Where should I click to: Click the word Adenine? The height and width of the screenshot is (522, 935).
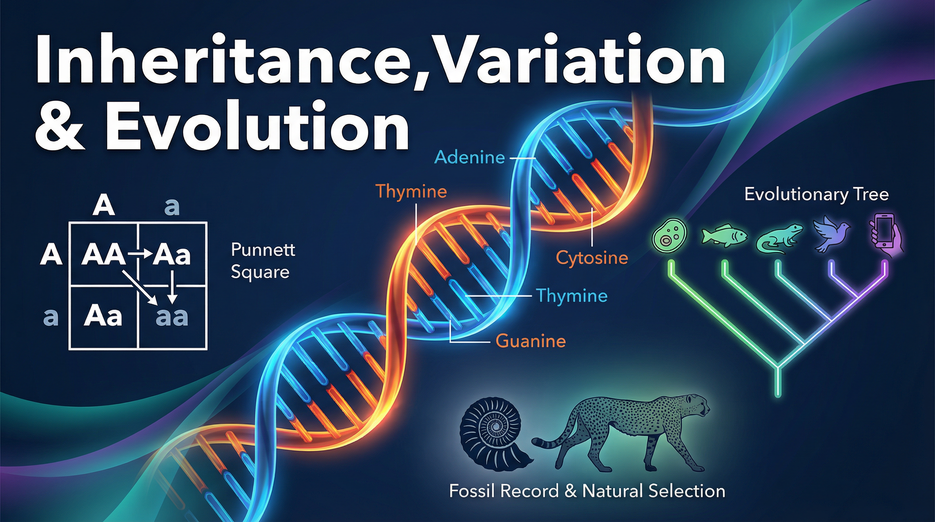click(470, 158)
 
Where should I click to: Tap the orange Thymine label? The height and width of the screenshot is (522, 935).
click(411, 191)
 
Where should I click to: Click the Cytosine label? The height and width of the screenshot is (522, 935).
click(592, 258)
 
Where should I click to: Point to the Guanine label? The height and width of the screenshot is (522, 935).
click(531, 341)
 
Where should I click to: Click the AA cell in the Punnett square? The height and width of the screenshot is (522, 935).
click(103, 255)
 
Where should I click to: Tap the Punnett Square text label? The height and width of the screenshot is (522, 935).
click(263, 261)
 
